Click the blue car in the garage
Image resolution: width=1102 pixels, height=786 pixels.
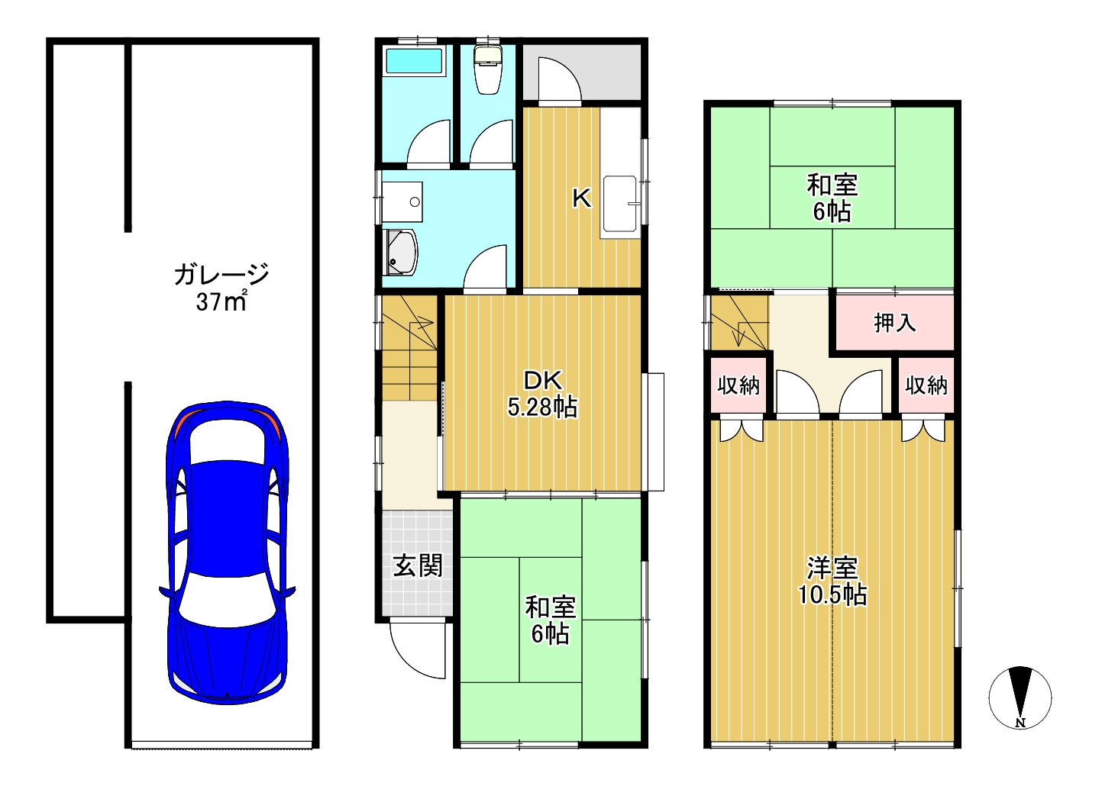click(228, 552)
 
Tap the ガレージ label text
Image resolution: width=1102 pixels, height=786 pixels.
click(221, 275)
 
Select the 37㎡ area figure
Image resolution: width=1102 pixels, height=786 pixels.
click(221, 301)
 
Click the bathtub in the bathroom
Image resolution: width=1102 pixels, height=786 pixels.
click(414, 62)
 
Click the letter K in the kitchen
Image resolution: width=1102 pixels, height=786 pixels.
click(581, 199)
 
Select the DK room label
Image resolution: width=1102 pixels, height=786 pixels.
click(542, 381)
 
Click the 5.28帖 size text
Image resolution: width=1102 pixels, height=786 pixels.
click(542, 407)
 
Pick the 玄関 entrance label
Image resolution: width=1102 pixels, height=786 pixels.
click(418, 565)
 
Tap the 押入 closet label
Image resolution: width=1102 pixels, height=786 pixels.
click(894, 323)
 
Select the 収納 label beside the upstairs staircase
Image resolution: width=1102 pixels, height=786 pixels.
click(738, 385)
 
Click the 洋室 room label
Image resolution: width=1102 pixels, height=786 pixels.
click(832, 568)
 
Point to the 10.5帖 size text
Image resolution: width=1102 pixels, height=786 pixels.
click(832, 594)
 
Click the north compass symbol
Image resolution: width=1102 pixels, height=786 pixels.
click(1020, 697)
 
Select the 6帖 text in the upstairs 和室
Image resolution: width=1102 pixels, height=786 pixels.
click(832, 212)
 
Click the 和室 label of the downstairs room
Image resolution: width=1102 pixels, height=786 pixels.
click(550, 608)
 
